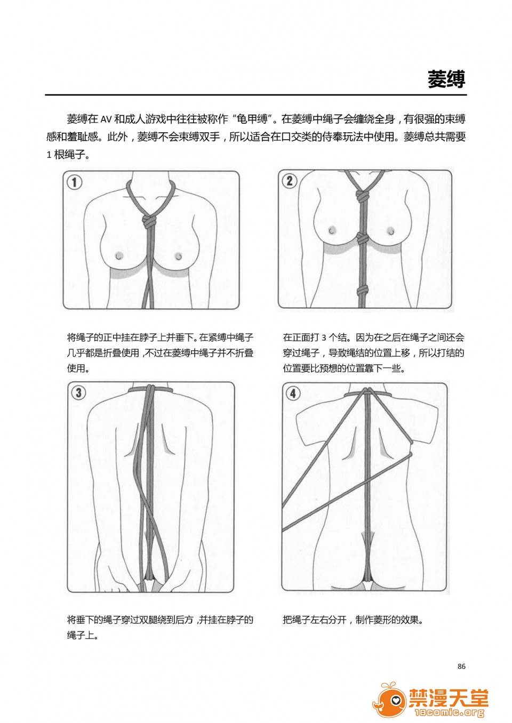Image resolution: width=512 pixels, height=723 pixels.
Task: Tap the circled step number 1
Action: click(x=74, y=182)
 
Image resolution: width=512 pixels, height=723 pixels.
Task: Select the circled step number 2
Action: click(x=290, y=181)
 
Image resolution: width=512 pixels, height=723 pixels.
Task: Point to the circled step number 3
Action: click(x=78, y=393)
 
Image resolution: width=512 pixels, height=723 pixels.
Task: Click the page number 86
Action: click(x=461, y=666)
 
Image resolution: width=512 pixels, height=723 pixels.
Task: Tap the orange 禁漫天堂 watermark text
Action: click(x=449, y=698)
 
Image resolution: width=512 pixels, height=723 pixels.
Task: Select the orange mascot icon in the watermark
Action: click(x=389, y=700)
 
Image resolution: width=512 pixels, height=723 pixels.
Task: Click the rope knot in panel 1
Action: click(x=149, y=221)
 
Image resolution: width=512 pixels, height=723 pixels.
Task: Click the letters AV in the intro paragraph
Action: click(x=106, y=120)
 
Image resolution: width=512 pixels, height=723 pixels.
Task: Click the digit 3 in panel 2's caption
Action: click(x=324, y=338)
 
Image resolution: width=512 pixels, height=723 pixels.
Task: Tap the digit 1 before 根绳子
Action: click(x=49, y=155)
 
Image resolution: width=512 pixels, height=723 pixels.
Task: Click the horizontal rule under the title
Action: click(x=256, y=95)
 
